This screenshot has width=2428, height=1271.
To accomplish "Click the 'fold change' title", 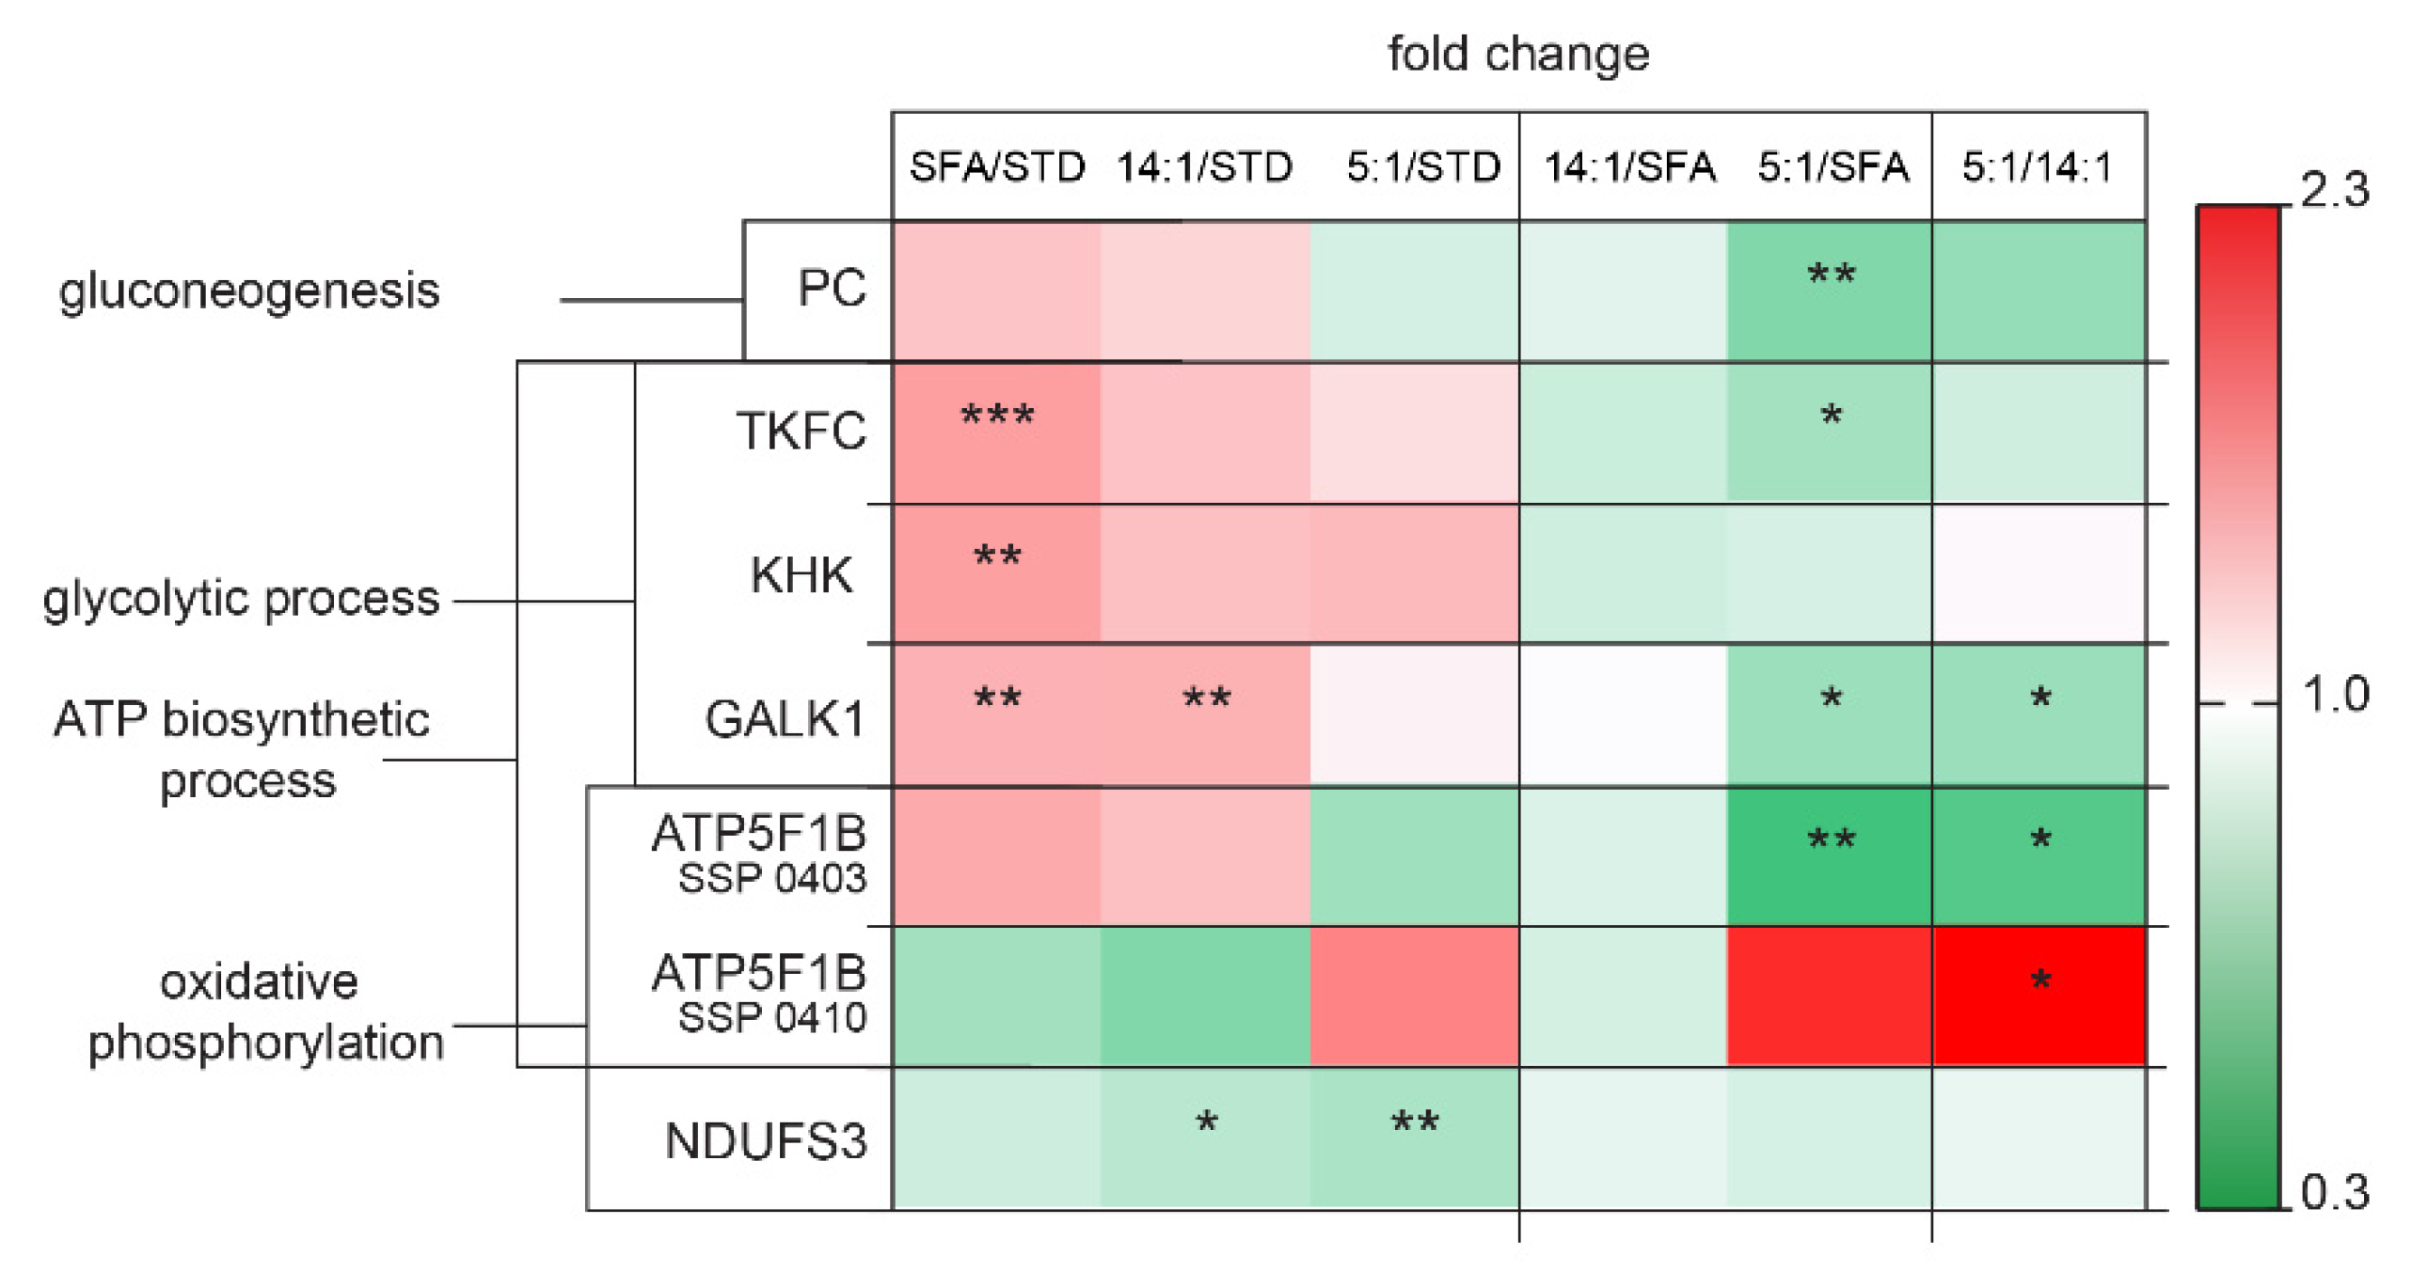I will pyautogui.click(x=1517, y=54).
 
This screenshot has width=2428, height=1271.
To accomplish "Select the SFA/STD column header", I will pyautogui.click(x=996, y=167).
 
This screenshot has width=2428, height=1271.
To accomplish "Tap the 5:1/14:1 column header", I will pyautogui.click(x=2038, y=167).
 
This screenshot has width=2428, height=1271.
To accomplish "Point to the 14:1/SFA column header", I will pyautogui.click(x=1629, y=167).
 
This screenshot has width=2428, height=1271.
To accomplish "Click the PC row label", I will pyautogui.click(x=832, y=289).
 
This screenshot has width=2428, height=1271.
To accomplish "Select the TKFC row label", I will pyautogui.click(x=801, y=432).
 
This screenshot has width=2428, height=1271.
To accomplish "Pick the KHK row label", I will pyautogui.click(x=801, y=574).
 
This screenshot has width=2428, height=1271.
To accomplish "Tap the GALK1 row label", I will pyautogui.click(x=786, y=720).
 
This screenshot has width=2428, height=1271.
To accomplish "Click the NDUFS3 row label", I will pyautogui.click(x=766, y=1141).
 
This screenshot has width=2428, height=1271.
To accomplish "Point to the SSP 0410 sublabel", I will pyautogui.click(x=772, y=1018).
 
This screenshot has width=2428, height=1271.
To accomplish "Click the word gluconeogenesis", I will pyautogui.click(x=249, y=290).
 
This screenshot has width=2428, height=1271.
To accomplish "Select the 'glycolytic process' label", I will pyautogui.click(x=241, y=598).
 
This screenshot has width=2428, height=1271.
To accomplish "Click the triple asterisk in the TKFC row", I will pyautogui.click(x=997, y=417).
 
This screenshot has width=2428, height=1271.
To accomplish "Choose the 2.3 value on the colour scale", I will pyautogui.click(x=2335, y=190).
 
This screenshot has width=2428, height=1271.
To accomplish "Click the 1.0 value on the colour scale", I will pyautogui.click(x=2335, y=695).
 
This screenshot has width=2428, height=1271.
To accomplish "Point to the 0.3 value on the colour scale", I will pyautogui.click(x=2335, y=1193).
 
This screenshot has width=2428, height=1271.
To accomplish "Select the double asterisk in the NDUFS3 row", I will pyautogui.click(x=1415, y=1124).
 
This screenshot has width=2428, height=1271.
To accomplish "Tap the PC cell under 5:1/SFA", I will pyautogui.click(x=1830, y=290).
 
